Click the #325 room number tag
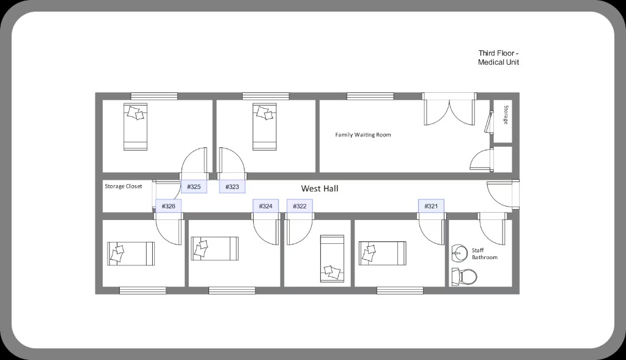[x=194, y=186]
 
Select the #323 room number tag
[x=232, y=186]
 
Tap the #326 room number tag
[x=169, y=206]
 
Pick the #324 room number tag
[x=265, y=206]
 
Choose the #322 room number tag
[x=300, y=206]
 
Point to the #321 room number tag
[x=431, y=206]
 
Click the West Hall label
[x=319, y=188]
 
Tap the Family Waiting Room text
[x=363, y=135]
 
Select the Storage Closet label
[x=123, y=186]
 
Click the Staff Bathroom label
[x=485, y=254]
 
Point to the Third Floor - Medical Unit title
[x=499, y=57]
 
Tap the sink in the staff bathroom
[x=460, y=254]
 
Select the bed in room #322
[x=332, y=259]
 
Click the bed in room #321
[x=383, y=254]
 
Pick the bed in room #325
[x=135, y=127]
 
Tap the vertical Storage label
[x=506, y=115]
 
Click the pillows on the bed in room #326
[x=118, y=253]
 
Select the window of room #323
[x=266, y=96]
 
